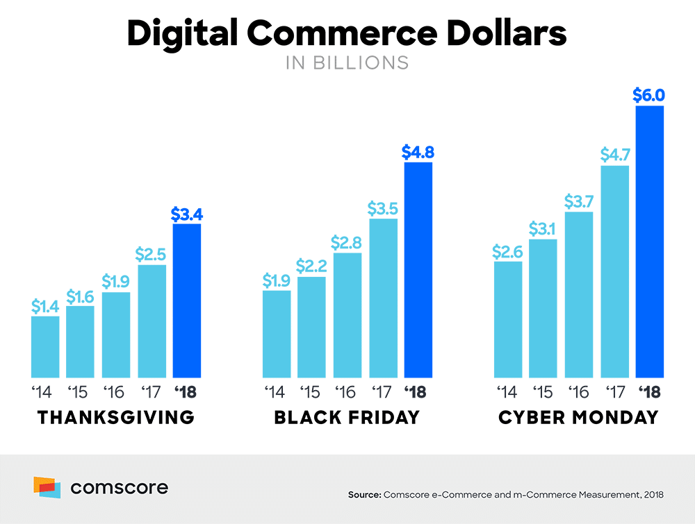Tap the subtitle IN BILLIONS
tap(347, 62)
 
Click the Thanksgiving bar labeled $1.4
tap(45, 346)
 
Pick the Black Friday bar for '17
tap(383, 298)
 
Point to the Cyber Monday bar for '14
tap(507, 319)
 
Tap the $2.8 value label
tap(347, 242)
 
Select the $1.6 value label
tap(81, 296)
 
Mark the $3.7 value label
tap(579, 201)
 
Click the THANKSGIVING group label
tap(115, 418)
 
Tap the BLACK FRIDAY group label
tap(347, 418)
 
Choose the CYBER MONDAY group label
tap(578, 418)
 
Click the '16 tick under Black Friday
tap(347, 393)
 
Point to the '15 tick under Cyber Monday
tap(543, 393)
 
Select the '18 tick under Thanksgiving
tap(186, 393)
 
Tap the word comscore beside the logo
tap(119, 488)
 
